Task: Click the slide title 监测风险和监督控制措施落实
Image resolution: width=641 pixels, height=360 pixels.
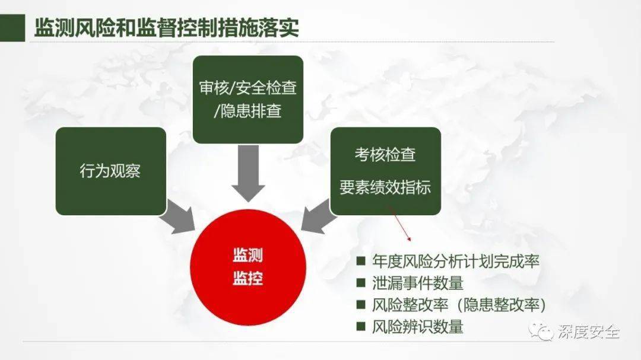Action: pos(166,28)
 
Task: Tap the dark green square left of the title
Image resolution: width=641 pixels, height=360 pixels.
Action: pos(12,28)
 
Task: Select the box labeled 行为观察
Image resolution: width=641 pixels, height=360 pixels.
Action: pos(111,171)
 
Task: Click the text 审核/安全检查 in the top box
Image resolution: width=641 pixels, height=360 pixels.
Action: pos(247,88)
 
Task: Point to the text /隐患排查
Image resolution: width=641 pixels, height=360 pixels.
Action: pos(247,111)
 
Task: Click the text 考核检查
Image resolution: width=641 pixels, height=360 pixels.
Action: pos(385,154)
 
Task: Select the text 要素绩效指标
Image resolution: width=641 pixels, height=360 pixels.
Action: pos(385,187)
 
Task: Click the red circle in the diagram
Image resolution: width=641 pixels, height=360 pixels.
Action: pos(248,267)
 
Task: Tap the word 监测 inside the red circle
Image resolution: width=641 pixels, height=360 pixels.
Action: pos(247,256)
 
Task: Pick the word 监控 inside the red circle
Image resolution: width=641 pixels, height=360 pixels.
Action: pos(247,279)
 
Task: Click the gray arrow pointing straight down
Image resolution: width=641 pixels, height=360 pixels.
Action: pos(248,173)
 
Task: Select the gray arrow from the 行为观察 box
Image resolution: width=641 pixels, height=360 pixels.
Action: pos(178,218)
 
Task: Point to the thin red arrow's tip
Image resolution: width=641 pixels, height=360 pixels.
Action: pos(410,241)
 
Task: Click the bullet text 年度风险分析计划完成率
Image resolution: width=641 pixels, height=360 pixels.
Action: pos(456,261)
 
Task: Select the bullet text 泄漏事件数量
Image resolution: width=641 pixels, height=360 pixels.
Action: pos(417,283)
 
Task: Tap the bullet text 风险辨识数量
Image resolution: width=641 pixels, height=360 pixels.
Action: pos(417,327)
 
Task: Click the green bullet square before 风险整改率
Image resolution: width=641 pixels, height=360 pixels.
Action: pos(361,304)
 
